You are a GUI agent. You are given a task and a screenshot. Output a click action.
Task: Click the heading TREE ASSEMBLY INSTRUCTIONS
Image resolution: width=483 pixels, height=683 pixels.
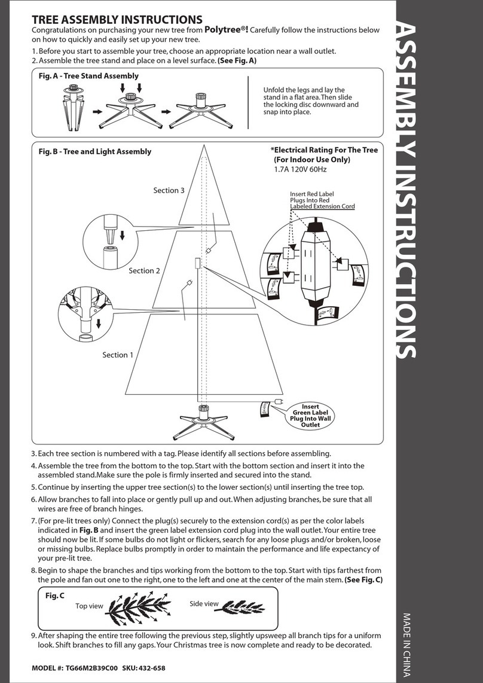click(x=117, y=20)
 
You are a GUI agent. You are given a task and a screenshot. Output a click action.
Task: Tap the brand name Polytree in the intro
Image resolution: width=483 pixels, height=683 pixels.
click(x=226, y=30)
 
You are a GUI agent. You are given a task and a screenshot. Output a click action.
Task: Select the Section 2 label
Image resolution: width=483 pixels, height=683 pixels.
click(x=145, y=270)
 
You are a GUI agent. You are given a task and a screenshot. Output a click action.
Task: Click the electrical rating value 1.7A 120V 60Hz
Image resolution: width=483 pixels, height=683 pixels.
click(x=299, y=170)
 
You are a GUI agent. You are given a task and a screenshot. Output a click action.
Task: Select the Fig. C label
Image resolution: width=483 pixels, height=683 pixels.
click(x=55, y=596)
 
